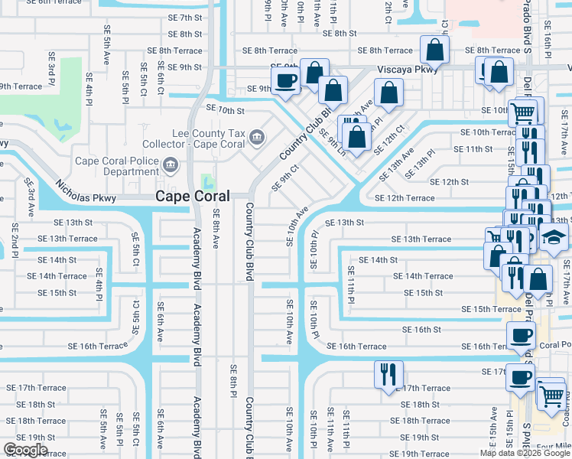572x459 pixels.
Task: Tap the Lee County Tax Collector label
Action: coord(197,138)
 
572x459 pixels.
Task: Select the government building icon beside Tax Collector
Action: coord(257,138)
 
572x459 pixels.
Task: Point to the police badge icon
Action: coord(170,163)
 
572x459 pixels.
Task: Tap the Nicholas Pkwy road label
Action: coord(84,190)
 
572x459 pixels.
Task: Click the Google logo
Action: coord(25,450)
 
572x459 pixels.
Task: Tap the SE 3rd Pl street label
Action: coord(50,69)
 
